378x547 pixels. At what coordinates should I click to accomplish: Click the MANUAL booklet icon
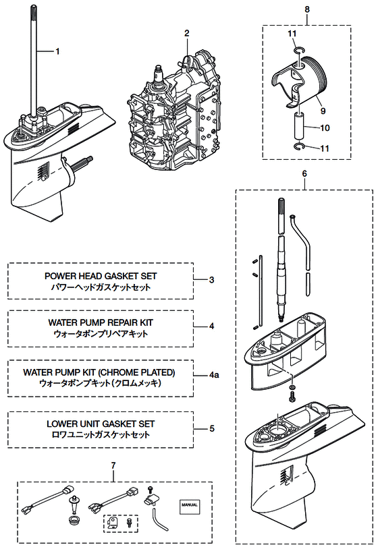(x=190, y=505)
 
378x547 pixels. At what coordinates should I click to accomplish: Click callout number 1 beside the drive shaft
(x=57, y=52)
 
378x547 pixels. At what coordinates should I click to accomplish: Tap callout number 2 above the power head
(x=187, y=33)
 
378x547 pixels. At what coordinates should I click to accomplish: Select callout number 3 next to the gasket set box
(x=211, y=280)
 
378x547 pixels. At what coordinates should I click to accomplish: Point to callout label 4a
(x=214, y=375)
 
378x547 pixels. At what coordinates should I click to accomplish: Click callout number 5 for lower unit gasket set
(x=212, y=428)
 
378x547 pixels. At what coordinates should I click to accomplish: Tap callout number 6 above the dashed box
(x=304, y=173)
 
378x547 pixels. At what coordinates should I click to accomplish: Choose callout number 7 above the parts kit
(x=113, y=465)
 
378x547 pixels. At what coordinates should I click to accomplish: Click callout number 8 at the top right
(x=307, y=9)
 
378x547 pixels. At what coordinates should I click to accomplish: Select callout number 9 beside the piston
(x=323, y=111)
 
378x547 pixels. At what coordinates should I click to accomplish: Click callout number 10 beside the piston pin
(x=325, y=128)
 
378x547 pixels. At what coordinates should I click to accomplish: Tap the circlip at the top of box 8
(x=299, y=52)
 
